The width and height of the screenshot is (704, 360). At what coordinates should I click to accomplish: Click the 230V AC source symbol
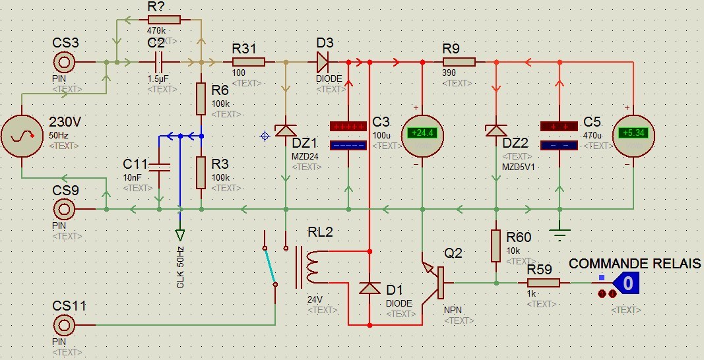[x=22, y=137]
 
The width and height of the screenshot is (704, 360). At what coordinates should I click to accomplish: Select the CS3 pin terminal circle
[x=64, y=63]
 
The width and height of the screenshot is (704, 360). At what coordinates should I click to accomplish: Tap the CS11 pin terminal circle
[x=64, y=325]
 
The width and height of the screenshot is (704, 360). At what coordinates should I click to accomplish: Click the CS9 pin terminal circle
[x=64, y=210]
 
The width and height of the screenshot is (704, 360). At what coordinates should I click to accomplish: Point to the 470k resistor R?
[x=164, y=20]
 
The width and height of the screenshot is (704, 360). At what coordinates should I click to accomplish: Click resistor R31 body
[x=248, y=62]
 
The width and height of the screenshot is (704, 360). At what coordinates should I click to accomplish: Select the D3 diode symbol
[x=323, y=62]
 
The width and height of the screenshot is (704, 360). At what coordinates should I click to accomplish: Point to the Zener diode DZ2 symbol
[x=496, y=131]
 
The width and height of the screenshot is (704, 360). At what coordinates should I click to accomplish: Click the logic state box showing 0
[x=628, y=284]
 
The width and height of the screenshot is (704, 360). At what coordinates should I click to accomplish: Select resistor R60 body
[x=496, y=246]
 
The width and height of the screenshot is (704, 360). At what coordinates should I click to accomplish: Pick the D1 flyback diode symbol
[x=369, y=288]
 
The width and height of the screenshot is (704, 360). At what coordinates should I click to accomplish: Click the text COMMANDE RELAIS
[x=635, y=264]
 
